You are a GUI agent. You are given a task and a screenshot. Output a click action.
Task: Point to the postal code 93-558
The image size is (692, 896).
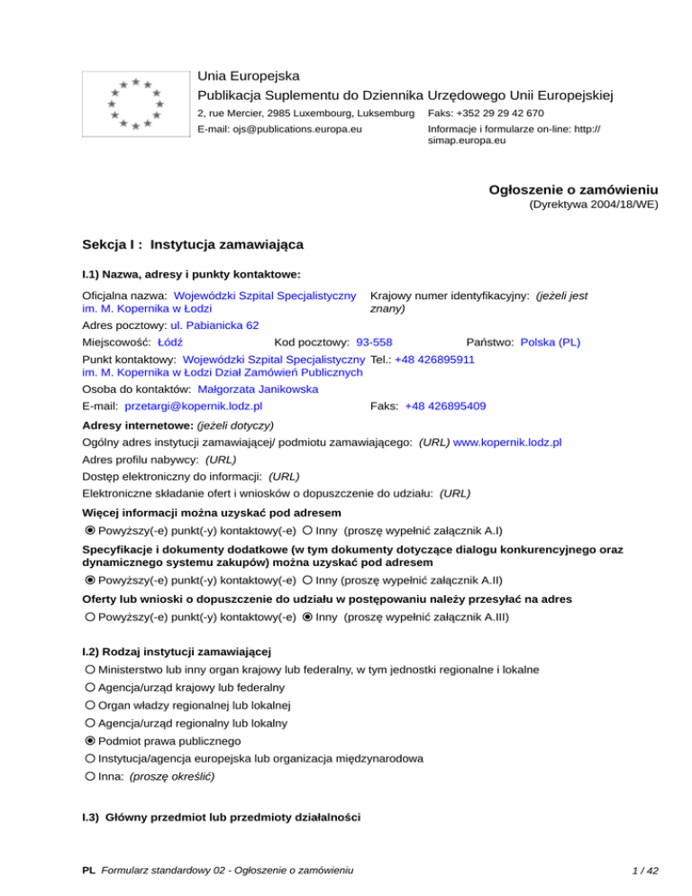click(374, 343)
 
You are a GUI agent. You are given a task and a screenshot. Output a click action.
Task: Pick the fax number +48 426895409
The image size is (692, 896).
click(445, 407)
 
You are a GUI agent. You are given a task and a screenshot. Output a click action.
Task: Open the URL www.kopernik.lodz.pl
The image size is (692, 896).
click(508, 443)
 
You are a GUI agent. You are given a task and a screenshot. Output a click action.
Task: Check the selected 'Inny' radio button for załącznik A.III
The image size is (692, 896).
click(308, 617)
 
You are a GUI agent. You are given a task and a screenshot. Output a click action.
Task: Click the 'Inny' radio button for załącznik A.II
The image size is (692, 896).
click(308, 581)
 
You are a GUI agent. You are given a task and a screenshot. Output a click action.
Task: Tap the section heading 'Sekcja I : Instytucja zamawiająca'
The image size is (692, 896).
click(192, 244)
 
